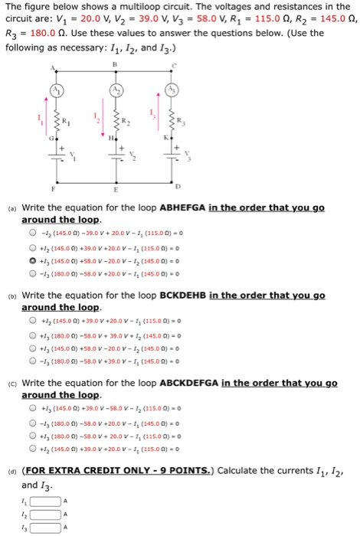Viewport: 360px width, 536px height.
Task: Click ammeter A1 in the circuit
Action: pos(57,91)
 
